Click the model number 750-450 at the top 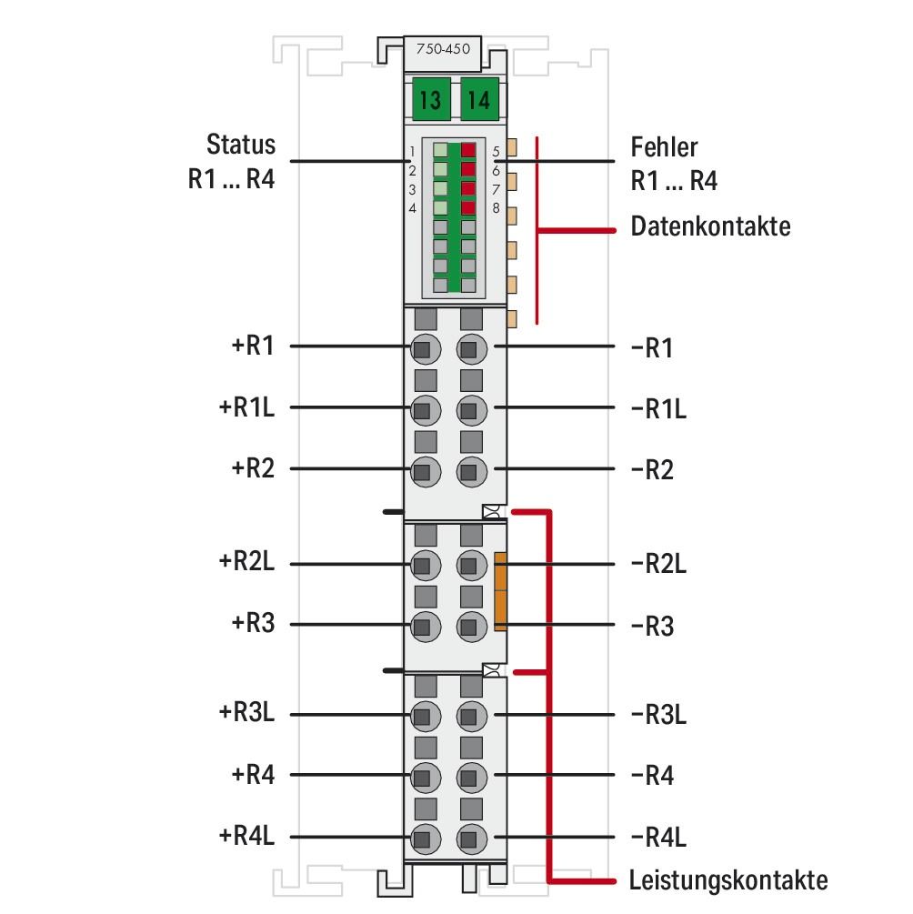[x=443, y=51]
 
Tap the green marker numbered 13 [x=430, y=100]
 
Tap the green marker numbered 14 [x=478, y=100]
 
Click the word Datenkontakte [x=710, y=226]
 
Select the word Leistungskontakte [x=728, y=880]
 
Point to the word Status [x=240, y=146]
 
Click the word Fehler [x=664, y=146]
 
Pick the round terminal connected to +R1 [x=422, y=347]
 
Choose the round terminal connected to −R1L [x=469, y=409]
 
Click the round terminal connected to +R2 [x=422, y=470]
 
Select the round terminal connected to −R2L [x=469, y=565]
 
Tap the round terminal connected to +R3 [x=422, y=626]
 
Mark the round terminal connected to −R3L [x=469, y=714]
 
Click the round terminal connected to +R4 [x=422, y=776]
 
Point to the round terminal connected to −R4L [x=469, y=838]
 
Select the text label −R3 [x=652, y=627]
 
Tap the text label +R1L [x=246, y=408]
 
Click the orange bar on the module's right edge [x=499, y=590]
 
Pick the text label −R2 [x=652, y=471]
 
